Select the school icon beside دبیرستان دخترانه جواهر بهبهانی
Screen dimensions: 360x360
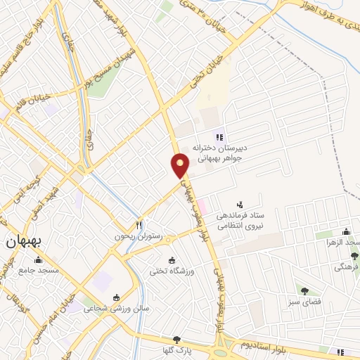pyautogui.click(x=219, y=137)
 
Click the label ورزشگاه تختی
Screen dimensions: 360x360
pyautogui.click(x=172, y=271)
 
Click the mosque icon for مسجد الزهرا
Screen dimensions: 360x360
pyautogui.click(x=345, y=233)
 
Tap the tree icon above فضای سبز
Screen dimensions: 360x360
pyautogui.click(x=304, y=290)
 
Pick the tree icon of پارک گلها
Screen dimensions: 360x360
pyautogui.click(x=176, y=340)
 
